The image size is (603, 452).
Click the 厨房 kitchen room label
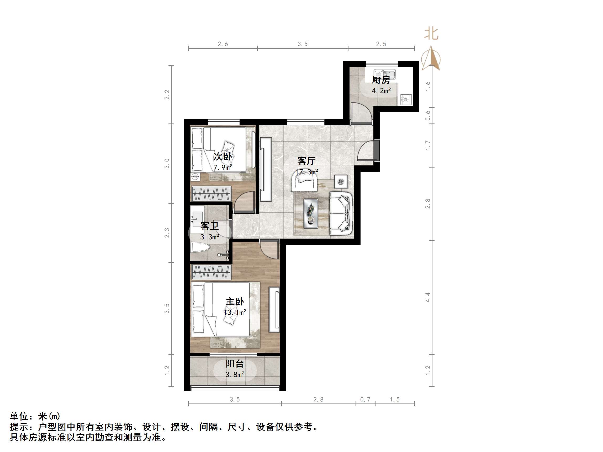pyautogui.click(x=381, y=80)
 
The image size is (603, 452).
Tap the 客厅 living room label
pyautogui.click(x=306, y=161)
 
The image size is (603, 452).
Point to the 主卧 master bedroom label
pyautogui.click(x=235, y=302)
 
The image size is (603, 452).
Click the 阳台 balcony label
pyautogui.click(x=234, y=363)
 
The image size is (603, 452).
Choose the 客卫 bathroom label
pyautogui.click(x=209, y=226)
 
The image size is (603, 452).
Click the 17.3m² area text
pyautogui.click(x=307, y=172)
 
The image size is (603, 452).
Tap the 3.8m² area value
pyautogui.click(x=235, y=375)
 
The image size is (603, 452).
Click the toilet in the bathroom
pyautogui.click(x=200, y=247)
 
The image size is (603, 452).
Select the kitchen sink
pyautogui.click(x=384, y=74)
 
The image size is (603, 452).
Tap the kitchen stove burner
pyautogui.click(x=406, y=99)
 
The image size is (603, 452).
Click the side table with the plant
pyautogui.click(x=341, y=181)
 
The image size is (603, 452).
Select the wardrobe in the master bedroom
pyautogui.click(x=211, y=272)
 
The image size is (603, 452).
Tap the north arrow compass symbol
pyautogui.click(x=431, y=58)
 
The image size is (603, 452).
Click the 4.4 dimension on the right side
pyautogui.click(x=428, y=297)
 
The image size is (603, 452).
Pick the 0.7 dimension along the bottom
pyautogui.click(x=365, y=399)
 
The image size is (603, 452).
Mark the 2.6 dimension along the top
pyautogui.click(x=223, y=44)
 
